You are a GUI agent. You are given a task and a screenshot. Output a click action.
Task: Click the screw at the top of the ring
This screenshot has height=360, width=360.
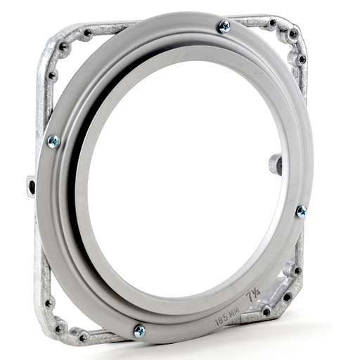[224, 27]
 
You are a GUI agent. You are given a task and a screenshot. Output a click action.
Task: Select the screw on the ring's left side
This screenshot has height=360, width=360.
[52, 141]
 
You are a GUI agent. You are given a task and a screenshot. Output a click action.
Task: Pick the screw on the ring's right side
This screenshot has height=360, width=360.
[301, 211]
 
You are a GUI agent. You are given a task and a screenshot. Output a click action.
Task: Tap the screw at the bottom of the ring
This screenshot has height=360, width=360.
[139, 330]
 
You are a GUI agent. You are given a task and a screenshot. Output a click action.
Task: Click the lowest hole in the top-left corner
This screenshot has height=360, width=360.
[52, 74]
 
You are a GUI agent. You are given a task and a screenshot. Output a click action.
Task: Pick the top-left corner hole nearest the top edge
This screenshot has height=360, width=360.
[87, 32]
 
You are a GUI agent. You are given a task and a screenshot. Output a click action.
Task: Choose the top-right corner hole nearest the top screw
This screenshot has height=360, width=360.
[271, 22]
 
